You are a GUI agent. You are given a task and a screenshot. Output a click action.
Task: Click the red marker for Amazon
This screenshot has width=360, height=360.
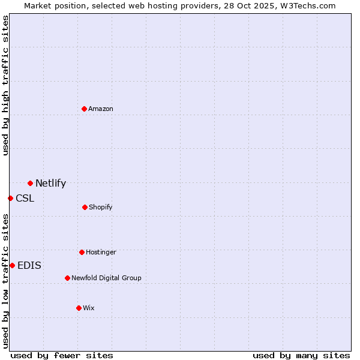pyautogui.click(x=84, y=109)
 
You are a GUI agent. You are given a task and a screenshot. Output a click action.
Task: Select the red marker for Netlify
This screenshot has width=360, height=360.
pyautogui.click(x=30, y=183)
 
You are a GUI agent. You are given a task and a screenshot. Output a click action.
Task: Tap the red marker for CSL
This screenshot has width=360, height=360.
pyautogui.click(x=10, y=198)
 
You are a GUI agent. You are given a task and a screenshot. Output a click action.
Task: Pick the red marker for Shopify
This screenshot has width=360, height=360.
pyautogui.click(x=85, y=207)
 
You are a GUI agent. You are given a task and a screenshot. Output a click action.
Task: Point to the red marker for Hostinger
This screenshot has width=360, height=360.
pyautogui.click(x=82, y=252)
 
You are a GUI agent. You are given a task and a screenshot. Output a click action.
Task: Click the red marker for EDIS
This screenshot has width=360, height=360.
pyautogui.click(x=12, y=265)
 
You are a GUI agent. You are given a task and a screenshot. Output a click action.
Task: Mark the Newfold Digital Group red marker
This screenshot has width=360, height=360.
pyautogui.click(x=67, y=278)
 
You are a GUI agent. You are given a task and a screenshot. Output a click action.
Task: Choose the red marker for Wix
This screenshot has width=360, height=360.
pyautogui.click(x=79, y=308)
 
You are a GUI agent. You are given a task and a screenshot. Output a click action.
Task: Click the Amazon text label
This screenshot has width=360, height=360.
pyautogui.click(x=101, y=109)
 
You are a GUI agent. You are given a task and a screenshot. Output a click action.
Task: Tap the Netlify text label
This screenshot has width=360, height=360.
pyautogui.click(x=50, y=184)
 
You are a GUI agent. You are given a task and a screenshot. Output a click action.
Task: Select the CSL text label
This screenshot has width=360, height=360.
pyautogui.click(x=25, y=199)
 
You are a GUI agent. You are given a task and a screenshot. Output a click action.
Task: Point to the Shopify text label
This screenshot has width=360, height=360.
pyautogui.click(x=101, y=207)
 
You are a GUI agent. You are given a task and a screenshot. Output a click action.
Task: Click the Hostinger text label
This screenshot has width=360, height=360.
pyautogui.click(x=101, y=252)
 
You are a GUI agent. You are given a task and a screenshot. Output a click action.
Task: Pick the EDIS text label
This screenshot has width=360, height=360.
pyautogui.click(x=29, y=266)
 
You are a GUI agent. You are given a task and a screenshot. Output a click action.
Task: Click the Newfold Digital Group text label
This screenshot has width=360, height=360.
pyautogui.click(x=106, y=278)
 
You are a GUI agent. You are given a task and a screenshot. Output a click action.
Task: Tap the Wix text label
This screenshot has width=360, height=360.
pyautogui.click(x=89, y=308)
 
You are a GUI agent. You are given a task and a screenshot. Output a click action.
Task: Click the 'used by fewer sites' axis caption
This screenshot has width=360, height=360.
pyautogui.click(x=62, y=355)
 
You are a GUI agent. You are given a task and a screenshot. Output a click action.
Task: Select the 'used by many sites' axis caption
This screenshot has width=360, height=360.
pyautogui.click(x=301, y=355)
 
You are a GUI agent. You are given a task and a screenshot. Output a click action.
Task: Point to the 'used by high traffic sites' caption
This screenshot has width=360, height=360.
pyautogui.click(x=5, y=85)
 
